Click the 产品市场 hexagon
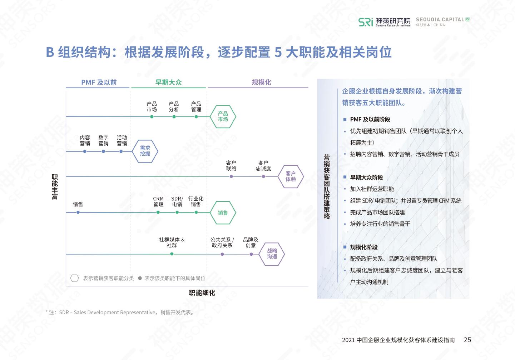223,116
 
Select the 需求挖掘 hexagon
145,151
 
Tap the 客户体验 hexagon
291,176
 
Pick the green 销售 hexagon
223,212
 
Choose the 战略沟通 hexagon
272,254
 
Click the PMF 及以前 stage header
99,82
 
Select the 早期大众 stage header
168,82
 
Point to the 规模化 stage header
261,82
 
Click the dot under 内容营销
85,151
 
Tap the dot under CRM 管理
158,212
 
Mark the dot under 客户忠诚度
263,176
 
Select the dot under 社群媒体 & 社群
172,254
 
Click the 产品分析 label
174,107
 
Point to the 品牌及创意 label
251,242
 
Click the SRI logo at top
366,22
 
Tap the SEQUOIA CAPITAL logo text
440,20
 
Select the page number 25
467,340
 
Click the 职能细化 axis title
202,293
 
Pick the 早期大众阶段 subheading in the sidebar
366,177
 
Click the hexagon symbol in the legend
74,278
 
